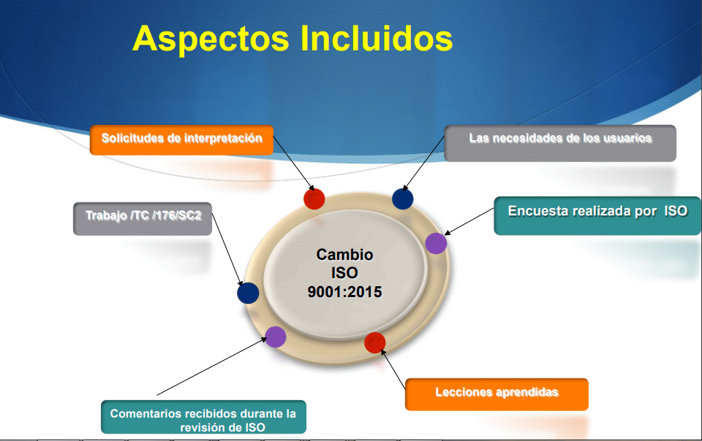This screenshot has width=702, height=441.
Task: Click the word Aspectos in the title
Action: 211,39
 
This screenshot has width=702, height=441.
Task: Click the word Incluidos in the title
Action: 377,38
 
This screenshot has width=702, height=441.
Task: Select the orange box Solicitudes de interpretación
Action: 182,140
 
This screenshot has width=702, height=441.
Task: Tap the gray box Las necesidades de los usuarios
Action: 560,143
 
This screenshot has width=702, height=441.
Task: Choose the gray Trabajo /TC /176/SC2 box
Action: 143,219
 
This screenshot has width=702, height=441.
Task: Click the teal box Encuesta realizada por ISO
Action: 597,216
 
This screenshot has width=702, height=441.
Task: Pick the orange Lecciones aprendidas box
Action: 497,394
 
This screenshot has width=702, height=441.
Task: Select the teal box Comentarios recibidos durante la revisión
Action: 204,417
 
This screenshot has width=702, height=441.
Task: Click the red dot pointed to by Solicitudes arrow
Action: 314,199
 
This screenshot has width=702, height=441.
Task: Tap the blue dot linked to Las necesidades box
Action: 402,199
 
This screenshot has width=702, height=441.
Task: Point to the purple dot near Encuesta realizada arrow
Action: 436,244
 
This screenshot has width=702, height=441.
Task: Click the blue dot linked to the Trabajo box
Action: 248,293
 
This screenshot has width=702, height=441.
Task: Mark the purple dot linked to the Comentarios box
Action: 276,337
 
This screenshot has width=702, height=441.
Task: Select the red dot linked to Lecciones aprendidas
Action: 375,342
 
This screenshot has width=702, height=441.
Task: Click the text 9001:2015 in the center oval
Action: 344,292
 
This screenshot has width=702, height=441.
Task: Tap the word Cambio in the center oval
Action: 344,254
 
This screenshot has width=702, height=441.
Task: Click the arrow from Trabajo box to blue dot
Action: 227,249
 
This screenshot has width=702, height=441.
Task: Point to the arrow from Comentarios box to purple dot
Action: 212,367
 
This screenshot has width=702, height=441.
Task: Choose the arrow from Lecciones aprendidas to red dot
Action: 393,369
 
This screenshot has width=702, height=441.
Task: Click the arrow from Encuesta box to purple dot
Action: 469,221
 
